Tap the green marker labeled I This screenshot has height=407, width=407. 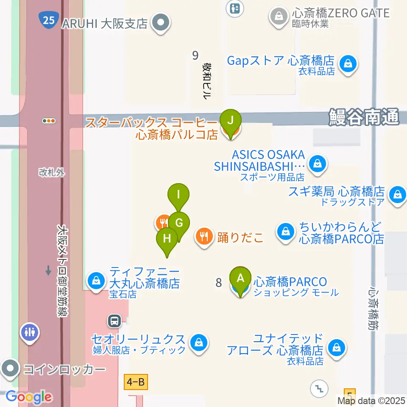tap(178, 195)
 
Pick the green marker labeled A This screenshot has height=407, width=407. tap(240, 279)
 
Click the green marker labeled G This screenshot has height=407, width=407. tap(179, 223)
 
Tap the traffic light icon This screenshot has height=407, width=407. tap(49, 121)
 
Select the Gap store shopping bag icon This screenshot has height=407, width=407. tap(348, 65)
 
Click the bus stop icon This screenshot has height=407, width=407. tap(114, 321)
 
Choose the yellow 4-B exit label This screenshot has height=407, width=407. tap(136, 383)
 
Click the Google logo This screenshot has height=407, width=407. tap(29, 397)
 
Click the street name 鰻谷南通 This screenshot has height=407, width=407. tap(364, 117)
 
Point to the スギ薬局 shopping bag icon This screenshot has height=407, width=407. tap(397, 195)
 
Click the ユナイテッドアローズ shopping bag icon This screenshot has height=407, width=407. tap(337, 348)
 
